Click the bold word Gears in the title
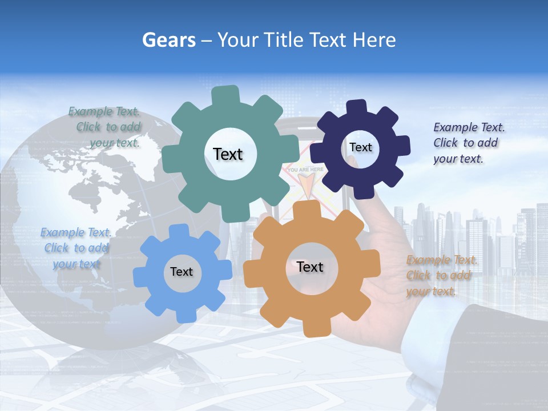tap(168, 40)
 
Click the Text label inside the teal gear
tap(228, 154)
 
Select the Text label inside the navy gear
tap(360, 147)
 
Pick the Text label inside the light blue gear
tap(182, 272)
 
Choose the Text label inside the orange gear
tap(310, 267)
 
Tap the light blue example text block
tap(75, 248)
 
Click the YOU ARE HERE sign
tap(305, 170)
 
